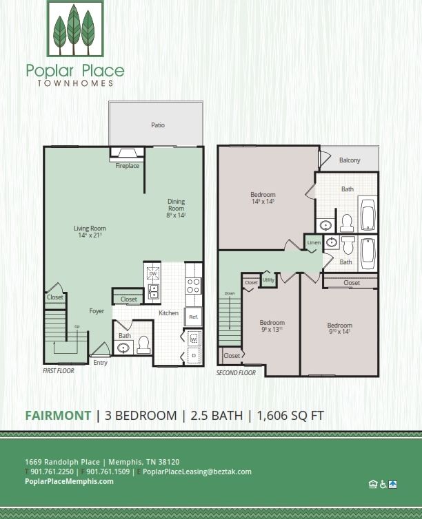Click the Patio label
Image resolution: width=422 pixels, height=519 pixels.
[x=158, y=125]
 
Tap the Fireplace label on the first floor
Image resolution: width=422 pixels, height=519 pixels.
[x=127, y=166]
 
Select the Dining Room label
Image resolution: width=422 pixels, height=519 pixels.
[x=177, y=204]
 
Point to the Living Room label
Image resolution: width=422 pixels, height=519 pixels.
[x=90, y=228]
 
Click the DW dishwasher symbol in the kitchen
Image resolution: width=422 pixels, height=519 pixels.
[x=152, y=273]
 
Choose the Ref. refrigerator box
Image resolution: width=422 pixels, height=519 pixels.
[x=193, y=317]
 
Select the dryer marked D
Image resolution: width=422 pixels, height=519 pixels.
[x=192, y=355]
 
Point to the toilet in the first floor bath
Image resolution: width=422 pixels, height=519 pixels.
[x=143, y=344]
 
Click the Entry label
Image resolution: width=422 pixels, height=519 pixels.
[x=100, y=363]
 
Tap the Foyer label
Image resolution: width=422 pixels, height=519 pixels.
[x=97, y=311]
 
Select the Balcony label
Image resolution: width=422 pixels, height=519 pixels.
[x=350, y=160]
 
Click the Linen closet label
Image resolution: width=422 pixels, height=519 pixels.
[x=314, y=243]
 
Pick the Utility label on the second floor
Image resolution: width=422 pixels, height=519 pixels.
[x=268, y=280]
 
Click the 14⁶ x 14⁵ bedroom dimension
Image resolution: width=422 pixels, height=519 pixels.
[x=263, y=202]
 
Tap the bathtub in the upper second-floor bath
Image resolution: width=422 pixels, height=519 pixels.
[x=367, y=215]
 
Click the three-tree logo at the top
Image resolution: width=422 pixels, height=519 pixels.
[x=74, y=29]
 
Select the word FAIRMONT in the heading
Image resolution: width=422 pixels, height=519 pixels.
[x=58, y=415]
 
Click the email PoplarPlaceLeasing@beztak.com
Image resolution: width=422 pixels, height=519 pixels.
[x=197, y=472]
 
